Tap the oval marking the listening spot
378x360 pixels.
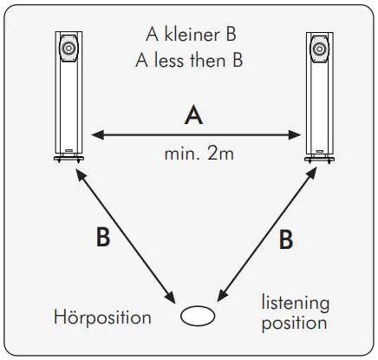point(195,316)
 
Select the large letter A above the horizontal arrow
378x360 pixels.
point(194,115)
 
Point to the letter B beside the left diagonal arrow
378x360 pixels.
point(103,238)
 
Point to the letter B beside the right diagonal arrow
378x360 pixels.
point(285,241)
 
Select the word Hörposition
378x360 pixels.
point(102,317)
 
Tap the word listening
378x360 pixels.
point(296,303)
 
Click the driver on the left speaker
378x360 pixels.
point(68,45)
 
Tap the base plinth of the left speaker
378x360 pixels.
point(68,159)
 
